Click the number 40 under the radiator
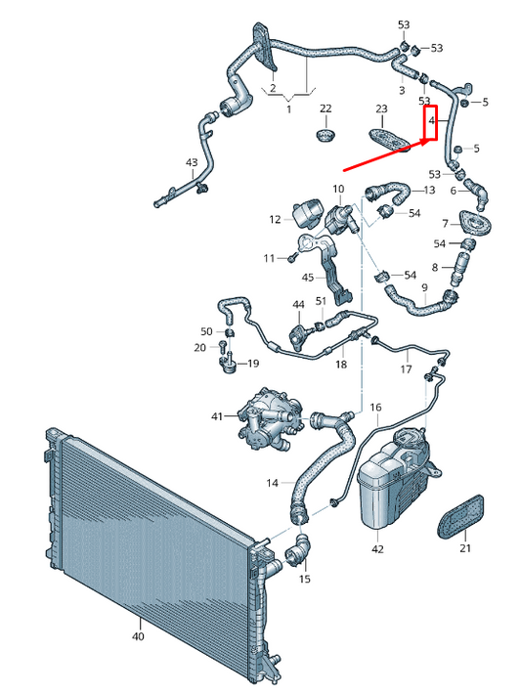pos(138,636)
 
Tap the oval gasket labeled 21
pos(460,518)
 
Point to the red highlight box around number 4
pos(430,122)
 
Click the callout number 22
pos(326,108)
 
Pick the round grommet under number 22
pos(326,135)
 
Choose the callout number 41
pos(217,415)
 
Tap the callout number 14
pos(272,483)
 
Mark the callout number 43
pos(192,162)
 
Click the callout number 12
pos(275,219)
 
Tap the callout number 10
pos(338,190)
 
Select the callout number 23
pos(381,108)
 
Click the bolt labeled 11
pos(292,258)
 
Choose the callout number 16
pos(375,407)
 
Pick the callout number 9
pos(424,287)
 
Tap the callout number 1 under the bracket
pos(289,108)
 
